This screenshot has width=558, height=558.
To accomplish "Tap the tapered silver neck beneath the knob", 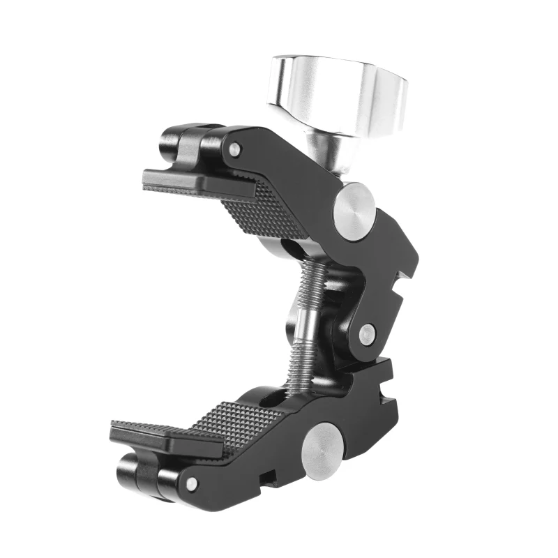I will coord(326,156).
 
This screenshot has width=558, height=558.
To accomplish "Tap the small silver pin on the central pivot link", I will coord(365,333).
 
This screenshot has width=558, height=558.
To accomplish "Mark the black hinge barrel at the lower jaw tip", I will coord(139,474).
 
